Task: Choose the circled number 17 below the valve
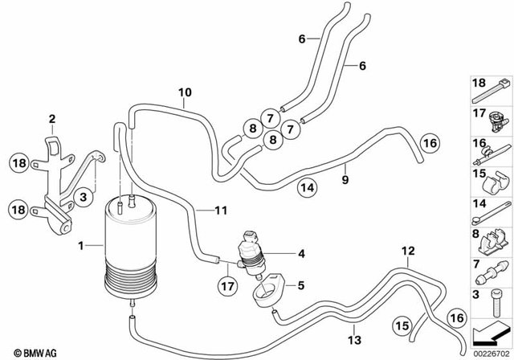click(228, 284)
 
